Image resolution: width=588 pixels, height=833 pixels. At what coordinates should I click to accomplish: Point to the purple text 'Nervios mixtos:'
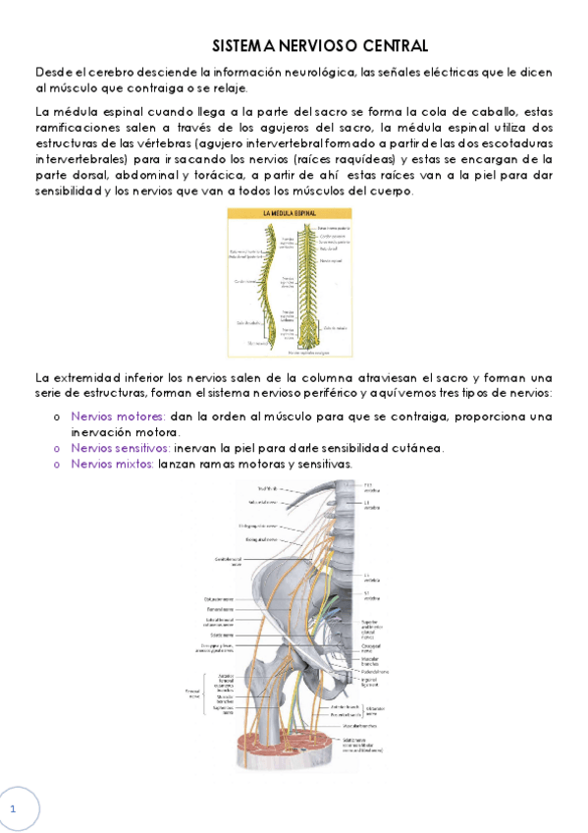113,464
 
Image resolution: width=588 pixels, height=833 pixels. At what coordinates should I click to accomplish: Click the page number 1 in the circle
14,808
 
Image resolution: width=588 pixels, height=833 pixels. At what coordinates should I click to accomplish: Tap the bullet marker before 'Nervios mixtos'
56,465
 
